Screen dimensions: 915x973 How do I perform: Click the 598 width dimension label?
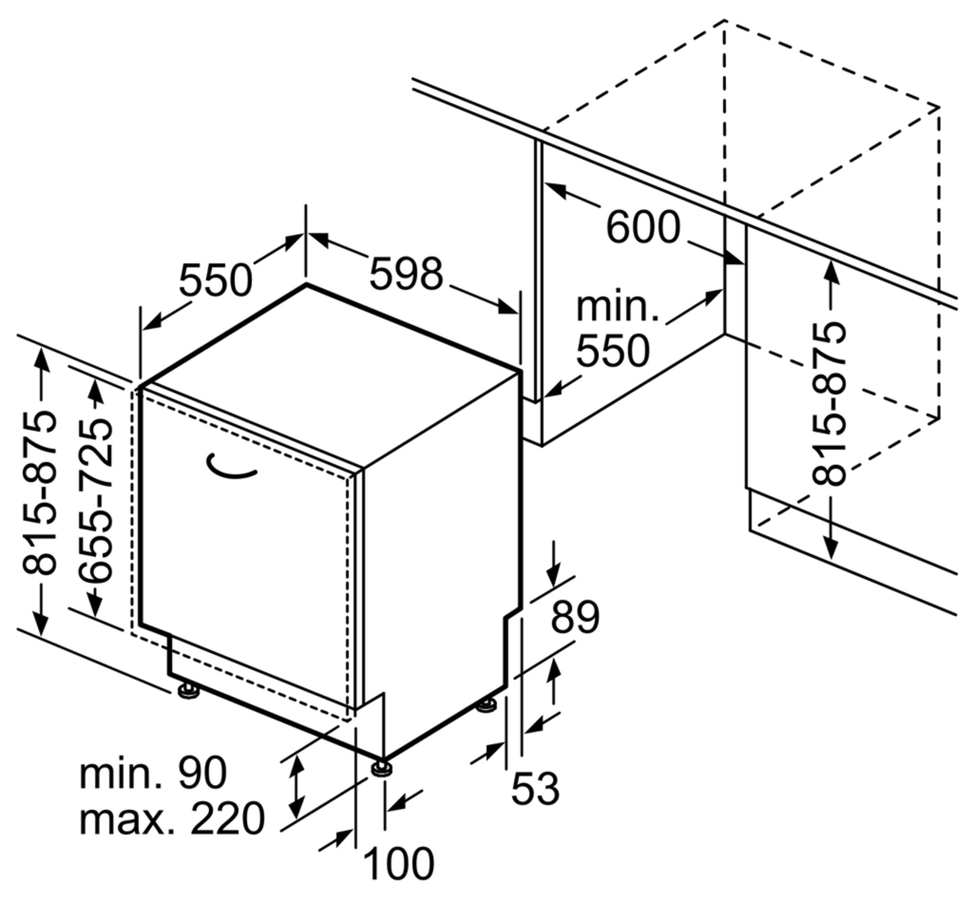406,274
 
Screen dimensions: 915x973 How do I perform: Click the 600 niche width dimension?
643,227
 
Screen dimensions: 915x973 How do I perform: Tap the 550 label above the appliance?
216,281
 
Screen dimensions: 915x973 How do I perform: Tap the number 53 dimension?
535,788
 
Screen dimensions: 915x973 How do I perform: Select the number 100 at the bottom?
399,864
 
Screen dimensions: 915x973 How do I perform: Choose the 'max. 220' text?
171,819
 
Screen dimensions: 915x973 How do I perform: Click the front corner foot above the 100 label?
382,768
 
